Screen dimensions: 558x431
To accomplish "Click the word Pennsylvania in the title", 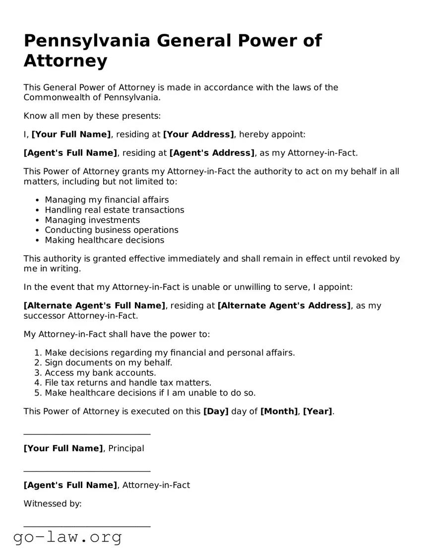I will [x=86, y=41].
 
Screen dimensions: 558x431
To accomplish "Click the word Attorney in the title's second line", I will [x=65, y=61].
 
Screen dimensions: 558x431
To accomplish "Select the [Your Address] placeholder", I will [x=198, y=135].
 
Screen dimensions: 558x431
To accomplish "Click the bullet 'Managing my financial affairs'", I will [x=107, y=200].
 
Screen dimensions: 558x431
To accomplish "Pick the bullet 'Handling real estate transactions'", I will [x=114, y=210].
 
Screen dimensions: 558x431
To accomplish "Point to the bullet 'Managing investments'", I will [x=92, y=220].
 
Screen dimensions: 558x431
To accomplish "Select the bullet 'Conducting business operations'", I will [x=112, y=230].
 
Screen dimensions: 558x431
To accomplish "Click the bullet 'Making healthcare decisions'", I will [x=104, y=240].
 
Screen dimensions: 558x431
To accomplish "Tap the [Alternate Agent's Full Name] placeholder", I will [x=95, y=306].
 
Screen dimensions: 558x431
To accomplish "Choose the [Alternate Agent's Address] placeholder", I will [x=284, y=306].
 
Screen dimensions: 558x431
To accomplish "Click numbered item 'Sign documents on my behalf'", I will [x=109, y=363].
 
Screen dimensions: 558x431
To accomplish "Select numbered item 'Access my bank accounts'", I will [x=100, y=373].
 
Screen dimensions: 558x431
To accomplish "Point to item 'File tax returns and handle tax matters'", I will [x=128, y=383].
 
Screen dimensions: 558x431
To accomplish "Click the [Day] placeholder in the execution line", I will [x=216, y=412].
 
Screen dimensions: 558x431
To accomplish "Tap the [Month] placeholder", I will [x=279, y=412].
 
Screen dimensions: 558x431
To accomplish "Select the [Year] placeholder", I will [x=317, y=412].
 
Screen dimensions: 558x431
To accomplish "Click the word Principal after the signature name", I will [x=126, y=449].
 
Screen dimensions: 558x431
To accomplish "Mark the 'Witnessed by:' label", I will [x=53, y=504].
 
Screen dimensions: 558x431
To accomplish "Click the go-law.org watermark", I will [x=67, y=537].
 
